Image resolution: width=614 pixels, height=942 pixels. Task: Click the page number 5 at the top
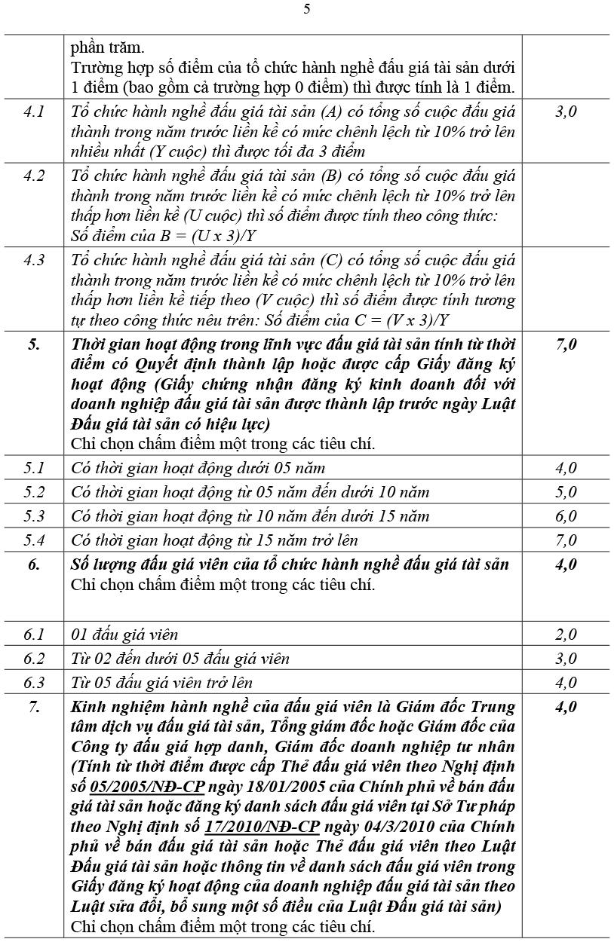tap(306, 9)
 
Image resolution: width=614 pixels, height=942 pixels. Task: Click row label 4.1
tap(34, 112)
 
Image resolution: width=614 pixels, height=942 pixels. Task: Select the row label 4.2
tap(34, 176)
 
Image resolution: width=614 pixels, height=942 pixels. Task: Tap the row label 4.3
tap(34, 261)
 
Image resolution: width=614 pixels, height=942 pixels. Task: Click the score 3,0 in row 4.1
tap(566, 112)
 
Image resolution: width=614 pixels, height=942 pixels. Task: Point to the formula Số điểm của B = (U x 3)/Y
tap(164, 235)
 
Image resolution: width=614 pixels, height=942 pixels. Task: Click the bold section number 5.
tap(34, 345)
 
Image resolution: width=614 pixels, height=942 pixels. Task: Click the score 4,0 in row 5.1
tap(566, 468)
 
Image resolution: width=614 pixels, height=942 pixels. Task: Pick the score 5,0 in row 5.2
tap(566, 492)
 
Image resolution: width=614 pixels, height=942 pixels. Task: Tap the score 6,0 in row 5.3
tap(566, 516)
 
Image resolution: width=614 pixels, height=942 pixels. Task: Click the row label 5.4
tap(34, 540)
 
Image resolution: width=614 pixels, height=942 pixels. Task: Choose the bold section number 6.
tap(34, 564)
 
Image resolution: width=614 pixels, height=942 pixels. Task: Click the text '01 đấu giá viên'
tap(124, 635)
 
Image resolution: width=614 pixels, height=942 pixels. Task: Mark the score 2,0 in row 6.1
tap(566, 635)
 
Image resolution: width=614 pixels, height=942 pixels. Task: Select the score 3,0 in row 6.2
tap(566, 659)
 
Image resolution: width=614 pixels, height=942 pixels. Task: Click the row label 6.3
tap(34, 683)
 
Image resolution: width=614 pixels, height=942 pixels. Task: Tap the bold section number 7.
tap(34, 707)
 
